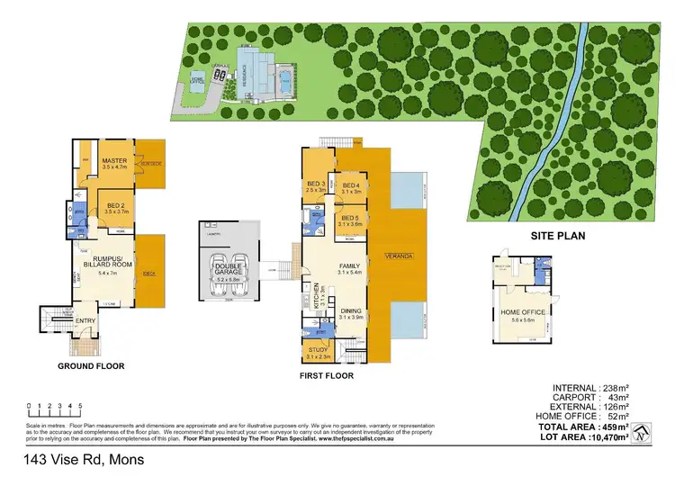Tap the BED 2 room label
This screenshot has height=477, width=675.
point(116,204)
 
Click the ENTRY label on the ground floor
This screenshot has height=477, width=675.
point(85,321)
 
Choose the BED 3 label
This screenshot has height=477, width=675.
point(315,184)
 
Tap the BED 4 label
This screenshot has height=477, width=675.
point(350,184)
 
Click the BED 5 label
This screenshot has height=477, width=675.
point(350,217)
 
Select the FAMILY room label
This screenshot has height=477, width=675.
point(350,266)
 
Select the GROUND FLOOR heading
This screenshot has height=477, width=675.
point(92,366)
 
